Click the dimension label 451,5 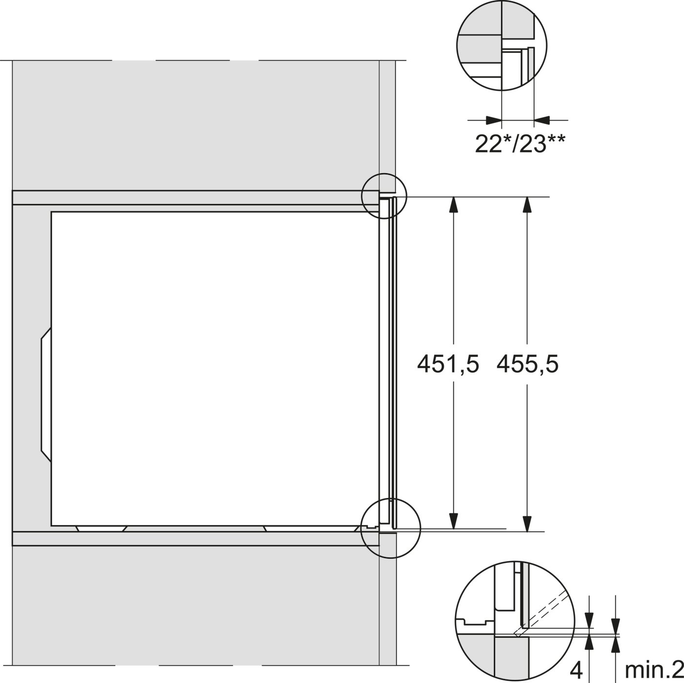448,364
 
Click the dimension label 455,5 528,364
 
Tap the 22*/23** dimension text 520,144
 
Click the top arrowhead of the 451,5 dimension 453,205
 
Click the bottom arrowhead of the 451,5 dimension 453,520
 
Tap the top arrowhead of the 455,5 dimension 528,205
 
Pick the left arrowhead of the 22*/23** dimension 493,120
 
